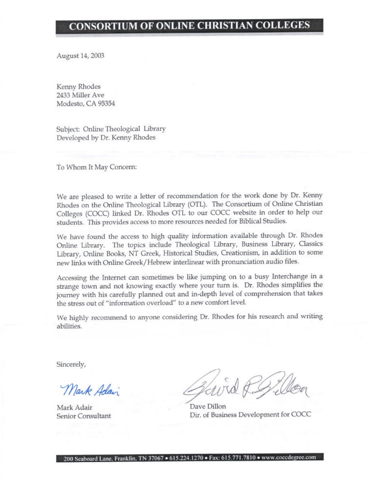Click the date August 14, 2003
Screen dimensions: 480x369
[x=81, y=56]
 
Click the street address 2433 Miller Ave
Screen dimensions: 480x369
[x=81, y=95]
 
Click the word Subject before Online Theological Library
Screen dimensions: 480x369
[x=68, y=129]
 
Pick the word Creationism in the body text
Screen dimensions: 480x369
[x=240, y=252]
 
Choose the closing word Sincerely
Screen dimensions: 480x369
[x=71, y=364]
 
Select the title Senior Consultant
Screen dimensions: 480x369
[x=83, y=416]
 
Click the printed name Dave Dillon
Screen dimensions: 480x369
[x=208, y=406]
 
